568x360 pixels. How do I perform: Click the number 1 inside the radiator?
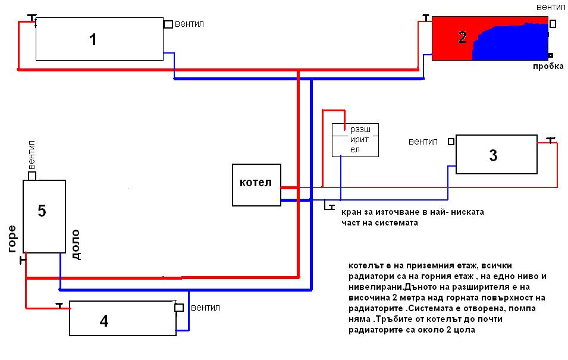92,40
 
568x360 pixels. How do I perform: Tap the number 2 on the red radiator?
462,37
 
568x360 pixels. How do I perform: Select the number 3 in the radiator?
492,156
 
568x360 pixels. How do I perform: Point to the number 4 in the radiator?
104,321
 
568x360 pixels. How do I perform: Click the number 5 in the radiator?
42,211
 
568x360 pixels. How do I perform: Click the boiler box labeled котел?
256,185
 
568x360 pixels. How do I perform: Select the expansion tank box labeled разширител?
355,140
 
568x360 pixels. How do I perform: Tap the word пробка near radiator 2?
548,66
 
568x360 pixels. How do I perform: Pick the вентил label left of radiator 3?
423,142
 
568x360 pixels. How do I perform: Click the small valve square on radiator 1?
168,24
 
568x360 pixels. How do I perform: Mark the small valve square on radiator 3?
451,142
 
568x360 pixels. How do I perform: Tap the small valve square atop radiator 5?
32,176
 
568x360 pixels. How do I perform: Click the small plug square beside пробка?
551,55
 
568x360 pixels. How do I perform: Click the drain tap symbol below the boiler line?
328,206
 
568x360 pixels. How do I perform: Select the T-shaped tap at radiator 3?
551,140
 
